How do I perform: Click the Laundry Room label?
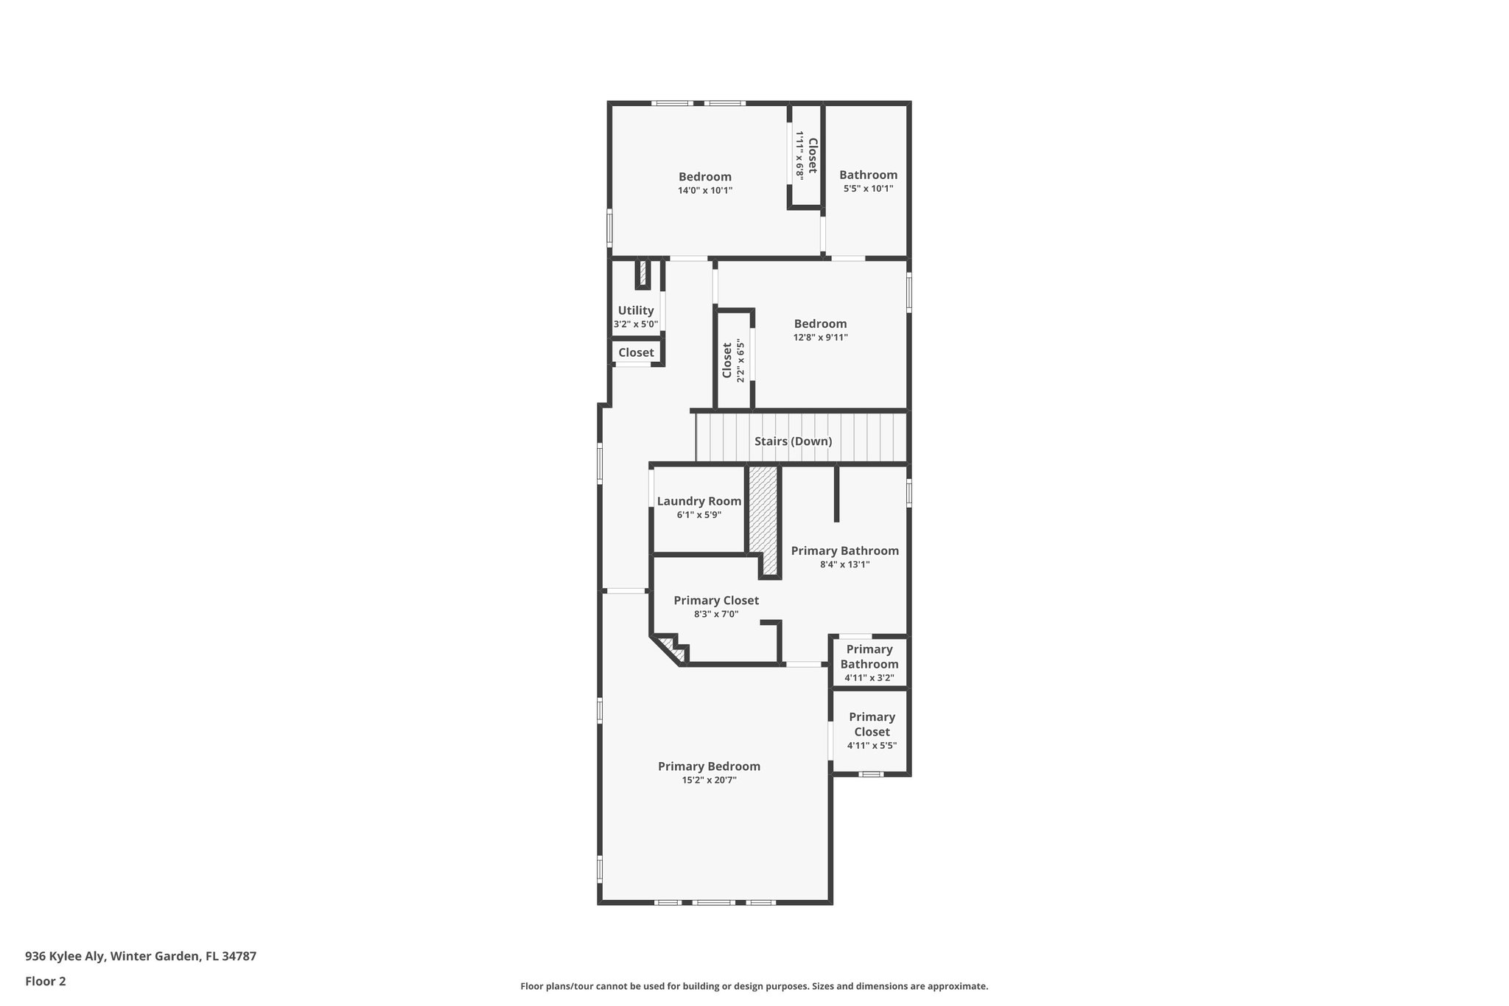click(699, 501)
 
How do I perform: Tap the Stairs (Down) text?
click(793, 441)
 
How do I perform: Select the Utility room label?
click(635, 310)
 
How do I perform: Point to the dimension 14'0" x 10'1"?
click(704, 191)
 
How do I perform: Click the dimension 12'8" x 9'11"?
click(820, 338)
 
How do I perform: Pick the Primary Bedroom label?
click(709, 766)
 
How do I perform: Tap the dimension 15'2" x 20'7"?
click(709, 780)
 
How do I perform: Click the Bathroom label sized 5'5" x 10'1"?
click(868, 175)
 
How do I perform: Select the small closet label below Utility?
click(635, 352)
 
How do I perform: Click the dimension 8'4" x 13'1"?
click(844, 565)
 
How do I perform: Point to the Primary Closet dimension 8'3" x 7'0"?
click(715, 614)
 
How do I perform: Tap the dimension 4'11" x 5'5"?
click(871, 746)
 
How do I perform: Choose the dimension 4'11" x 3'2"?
click(869, 678)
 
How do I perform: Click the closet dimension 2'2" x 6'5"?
click(741, 360)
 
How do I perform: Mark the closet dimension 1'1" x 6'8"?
click(799, 156)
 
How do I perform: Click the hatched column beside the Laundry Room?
click(764, 516)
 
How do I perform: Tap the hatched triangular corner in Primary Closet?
click(671, 649)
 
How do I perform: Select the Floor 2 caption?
click(46, 981)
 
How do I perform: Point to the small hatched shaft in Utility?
click(643, 273)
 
